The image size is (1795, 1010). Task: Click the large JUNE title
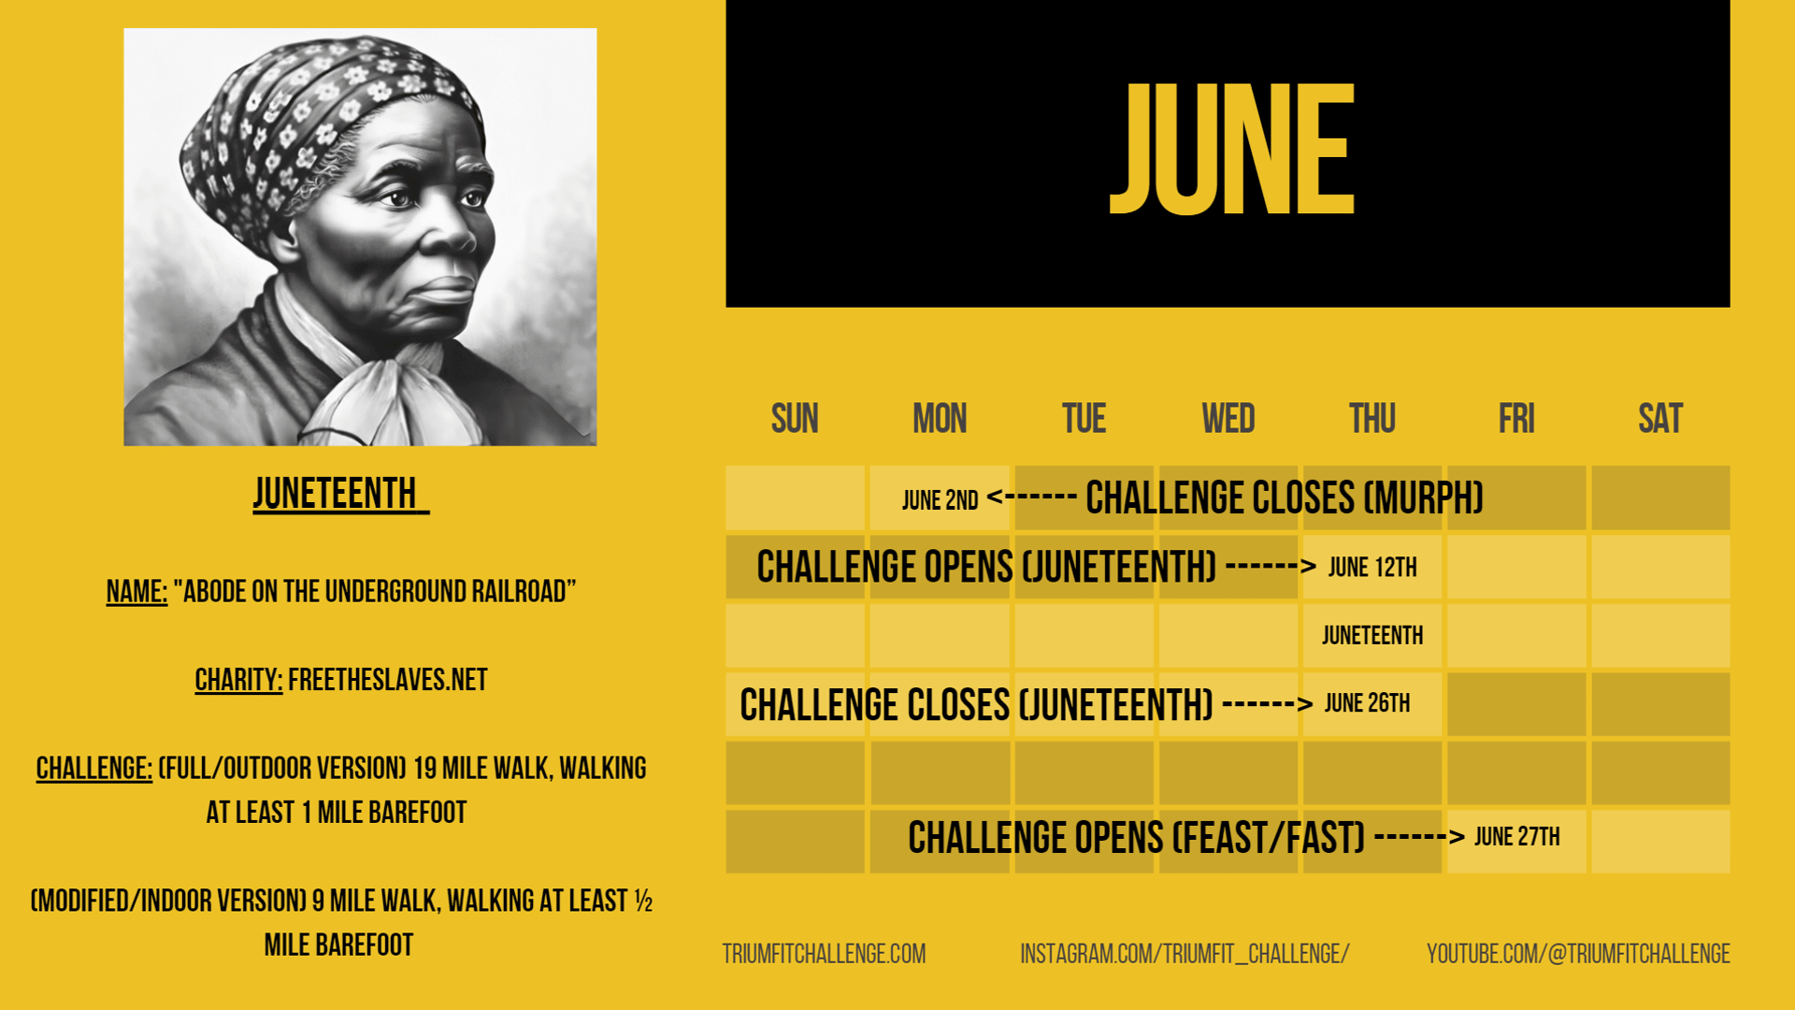point(1231,149)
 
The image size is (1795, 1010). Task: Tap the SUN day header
point(795,418)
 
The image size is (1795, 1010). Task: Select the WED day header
point(1228,418)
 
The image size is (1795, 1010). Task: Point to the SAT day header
point(1660,418)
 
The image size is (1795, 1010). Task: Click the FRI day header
point(1516,418)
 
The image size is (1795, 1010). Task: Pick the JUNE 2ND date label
point(940,500)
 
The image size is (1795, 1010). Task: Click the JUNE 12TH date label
point(1372,568)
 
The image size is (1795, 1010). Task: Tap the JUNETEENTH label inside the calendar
point(1372,636)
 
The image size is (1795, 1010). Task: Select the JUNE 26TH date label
point(1367,703)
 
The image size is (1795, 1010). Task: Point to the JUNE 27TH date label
point(1517,837)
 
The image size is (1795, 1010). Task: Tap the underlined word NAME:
point(136,591)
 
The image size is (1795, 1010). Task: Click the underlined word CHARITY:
point(238,680)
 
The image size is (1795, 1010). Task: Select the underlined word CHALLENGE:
point(93,769)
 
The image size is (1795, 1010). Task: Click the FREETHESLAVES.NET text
point(388,680)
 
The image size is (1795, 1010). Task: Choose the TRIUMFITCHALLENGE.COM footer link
point(824,954)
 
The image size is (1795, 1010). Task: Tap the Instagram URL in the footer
point(1185,954)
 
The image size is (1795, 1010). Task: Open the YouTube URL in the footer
point(1578,954)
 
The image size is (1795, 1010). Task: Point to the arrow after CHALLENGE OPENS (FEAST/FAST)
point(1419,836)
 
